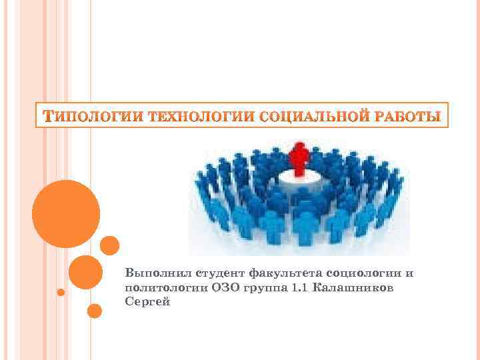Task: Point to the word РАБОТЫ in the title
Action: (x=403, y=118)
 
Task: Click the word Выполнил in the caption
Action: (x=151, y=273)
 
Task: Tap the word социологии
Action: (x=362, y=273)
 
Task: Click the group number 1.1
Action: (x=297, y=287)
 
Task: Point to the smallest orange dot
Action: (x=61, y=292)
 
